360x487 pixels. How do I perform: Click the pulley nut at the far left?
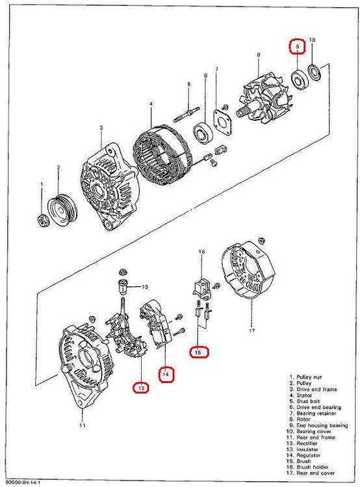[42, 219]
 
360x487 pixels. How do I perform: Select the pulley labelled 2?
[62, 210]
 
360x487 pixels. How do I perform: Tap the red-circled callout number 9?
[297, 47]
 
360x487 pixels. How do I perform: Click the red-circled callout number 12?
[142, 388]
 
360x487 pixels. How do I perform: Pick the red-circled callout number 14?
[166, 374]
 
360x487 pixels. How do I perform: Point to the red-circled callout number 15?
[198, 352]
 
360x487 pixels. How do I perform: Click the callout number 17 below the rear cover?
[251, 331]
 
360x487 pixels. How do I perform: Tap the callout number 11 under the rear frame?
[82, 425]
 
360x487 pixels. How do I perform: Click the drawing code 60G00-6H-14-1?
[20, 483]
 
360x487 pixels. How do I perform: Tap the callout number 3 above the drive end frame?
[101, 128]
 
